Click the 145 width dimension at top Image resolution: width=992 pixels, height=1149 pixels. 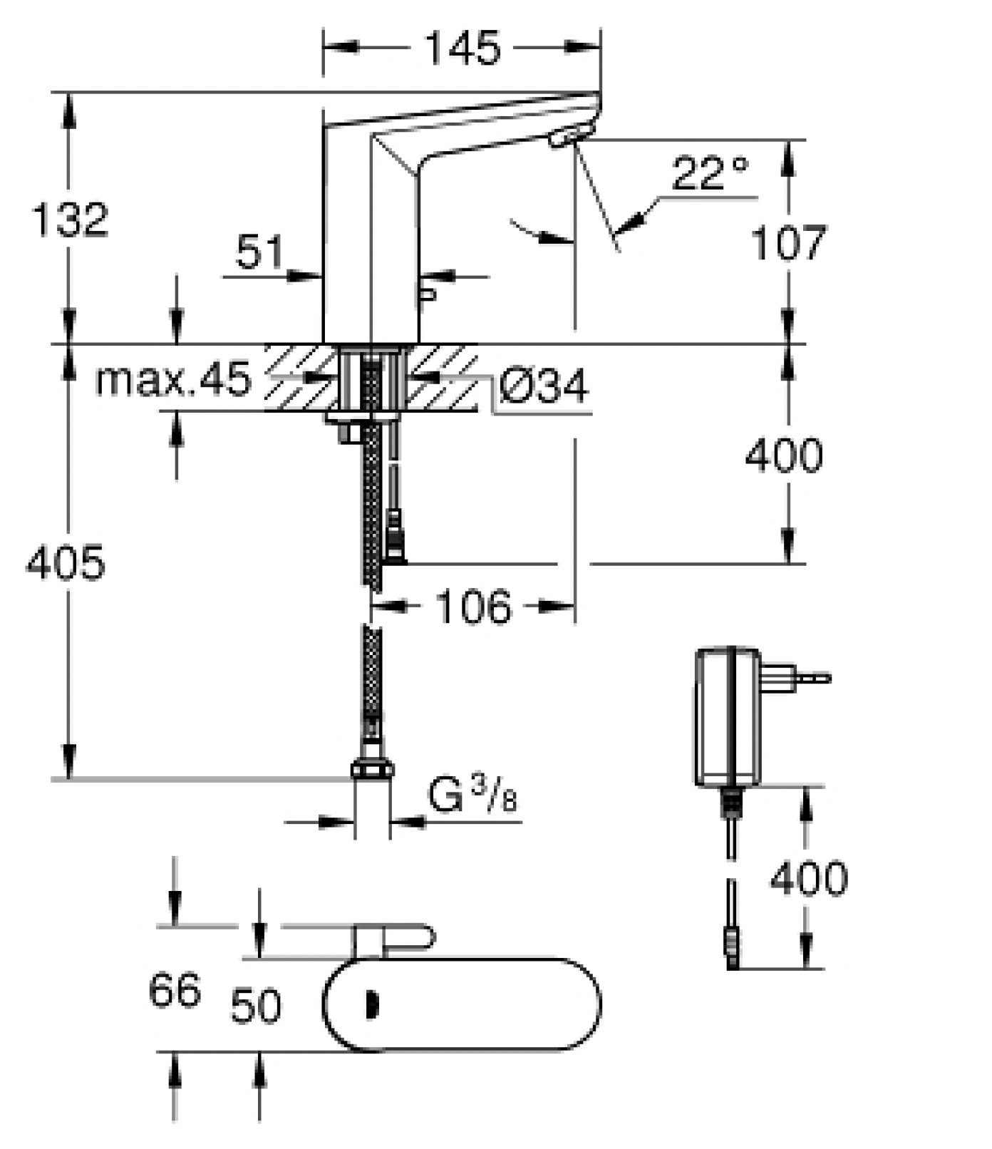[x=462, y=48]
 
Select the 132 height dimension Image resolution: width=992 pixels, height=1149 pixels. [x=70, y=219]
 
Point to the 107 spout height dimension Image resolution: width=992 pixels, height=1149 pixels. [x=788, y=242]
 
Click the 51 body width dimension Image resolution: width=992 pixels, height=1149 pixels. [x=259, y=252]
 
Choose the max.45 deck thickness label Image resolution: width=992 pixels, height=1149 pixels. [x=173, y=380]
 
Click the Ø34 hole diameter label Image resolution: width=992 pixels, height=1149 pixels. [x=544, y=386]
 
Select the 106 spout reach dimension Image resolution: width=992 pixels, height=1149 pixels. [x=473, y=607]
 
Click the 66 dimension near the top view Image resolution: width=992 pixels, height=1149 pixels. [x=175, y=991]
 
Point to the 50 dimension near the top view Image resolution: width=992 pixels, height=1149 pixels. [x=256, y=1006]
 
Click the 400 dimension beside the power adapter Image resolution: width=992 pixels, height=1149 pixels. [x=808, y=878]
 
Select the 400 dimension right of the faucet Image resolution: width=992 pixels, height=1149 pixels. [x=784, y=455]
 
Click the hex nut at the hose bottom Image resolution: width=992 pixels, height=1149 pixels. [x=372, y=771]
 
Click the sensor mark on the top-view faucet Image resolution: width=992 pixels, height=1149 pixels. [x=371, y=1006]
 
